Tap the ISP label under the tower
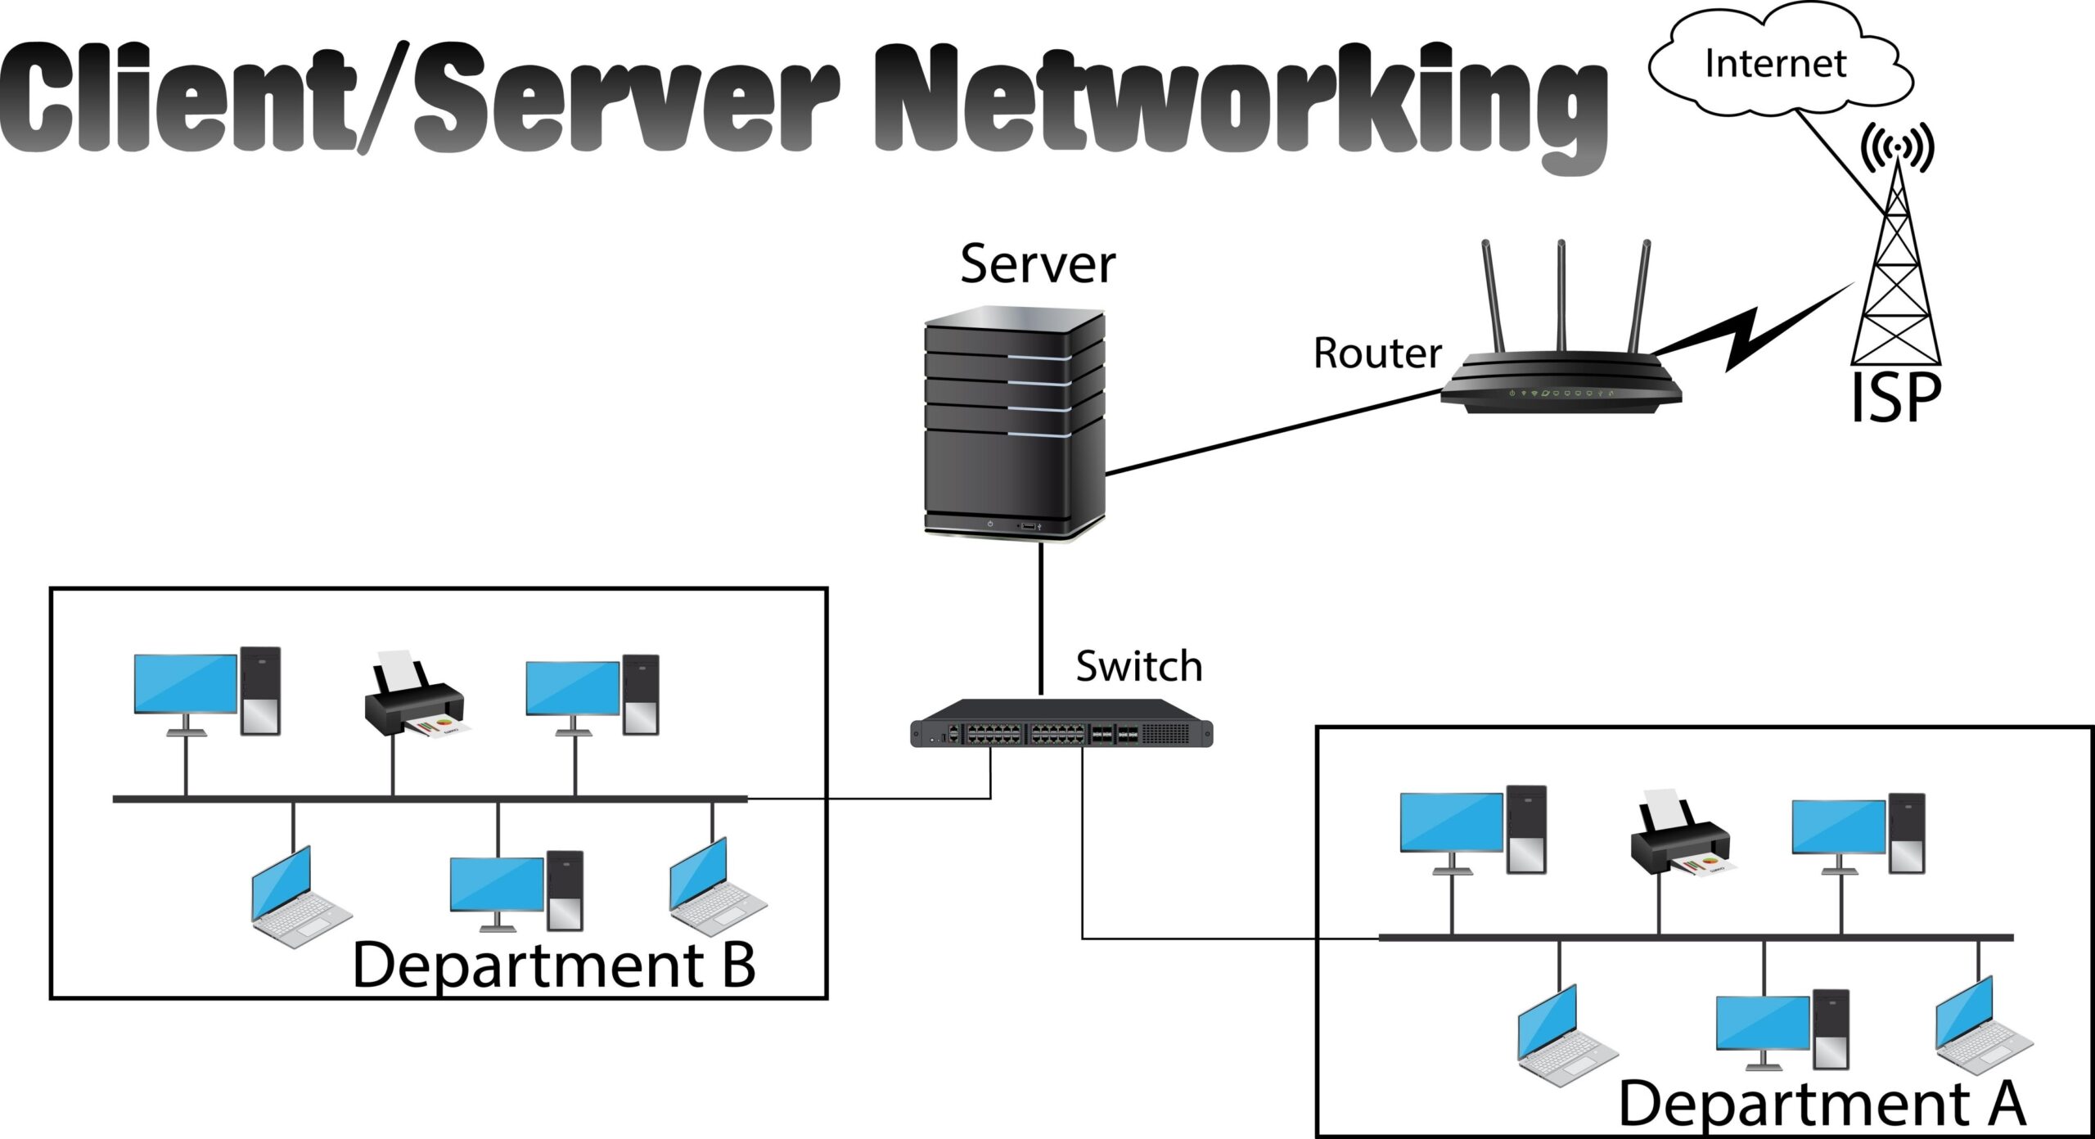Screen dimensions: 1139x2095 [x=1895, y=398]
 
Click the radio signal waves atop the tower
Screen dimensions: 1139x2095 [x=1897, y=147]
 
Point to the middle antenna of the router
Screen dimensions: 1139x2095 [x=1561, y=295]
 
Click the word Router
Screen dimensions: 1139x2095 [x=1377, y=353]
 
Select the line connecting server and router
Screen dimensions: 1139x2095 [x=1273, y=432]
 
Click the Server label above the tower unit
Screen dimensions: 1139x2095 [x=1038, y=264]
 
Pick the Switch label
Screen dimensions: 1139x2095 [x=1138, y=666]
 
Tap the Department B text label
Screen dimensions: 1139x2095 [x=553, y=966]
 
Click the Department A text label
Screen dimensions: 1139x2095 [x=1822, y=1104]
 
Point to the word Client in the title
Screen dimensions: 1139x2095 [x=176, y=98]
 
